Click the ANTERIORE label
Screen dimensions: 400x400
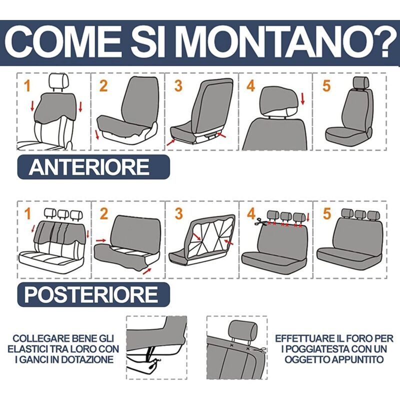coord(89,167)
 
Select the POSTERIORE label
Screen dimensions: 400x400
coord(91,294)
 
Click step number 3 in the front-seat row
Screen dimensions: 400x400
coord(178,85)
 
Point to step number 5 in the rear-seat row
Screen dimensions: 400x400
coord(327,213)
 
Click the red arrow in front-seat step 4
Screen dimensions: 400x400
coord(302,98)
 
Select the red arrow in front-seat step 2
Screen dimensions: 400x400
coord(97,134)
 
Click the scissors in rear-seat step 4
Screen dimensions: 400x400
coord(260,222)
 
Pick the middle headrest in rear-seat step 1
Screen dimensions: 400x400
coord(63,214)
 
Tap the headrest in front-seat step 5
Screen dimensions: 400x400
coord(361,82)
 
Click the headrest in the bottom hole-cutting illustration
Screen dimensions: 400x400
coord(242,329)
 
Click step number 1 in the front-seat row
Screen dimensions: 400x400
coord(27,85)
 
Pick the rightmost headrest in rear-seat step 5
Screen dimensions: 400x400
coord(373,215)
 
